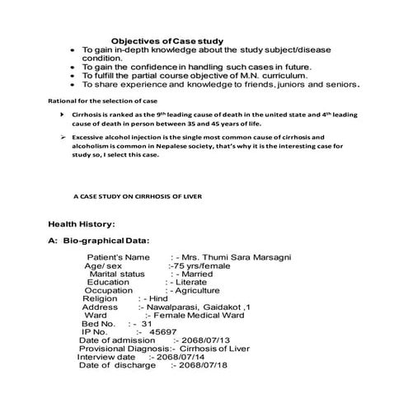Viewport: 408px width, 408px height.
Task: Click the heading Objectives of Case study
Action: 167,40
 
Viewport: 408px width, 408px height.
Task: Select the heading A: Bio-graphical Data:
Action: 99,241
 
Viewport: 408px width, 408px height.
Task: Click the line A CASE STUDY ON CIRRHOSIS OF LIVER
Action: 137,198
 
